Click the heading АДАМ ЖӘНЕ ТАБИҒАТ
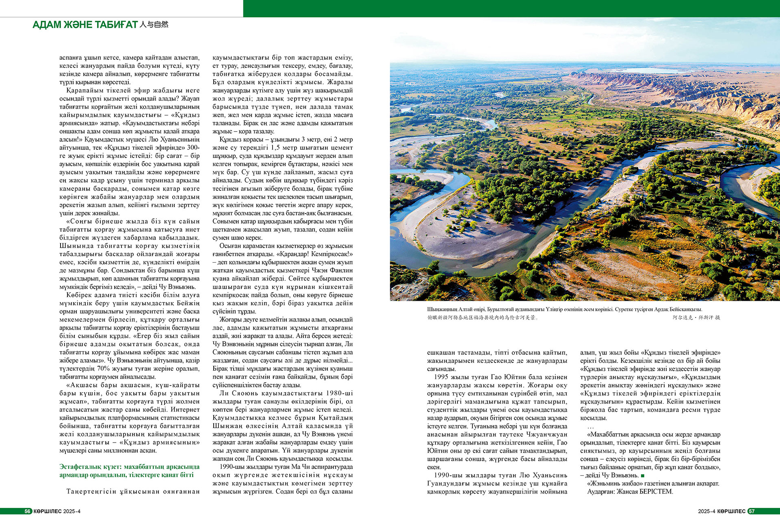[85, 25]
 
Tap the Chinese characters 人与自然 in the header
[154, 25]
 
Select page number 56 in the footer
[28, 512]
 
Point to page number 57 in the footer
[752, 512]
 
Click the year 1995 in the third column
[441, 377]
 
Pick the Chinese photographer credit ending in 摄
[696, 317]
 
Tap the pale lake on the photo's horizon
[650, 70]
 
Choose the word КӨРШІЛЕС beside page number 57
[731, 512]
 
